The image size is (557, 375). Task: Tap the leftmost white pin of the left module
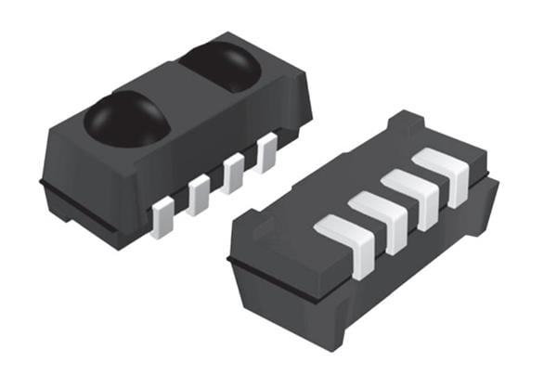162,215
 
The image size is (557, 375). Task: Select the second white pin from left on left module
199,195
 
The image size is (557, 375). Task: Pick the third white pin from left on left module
233,173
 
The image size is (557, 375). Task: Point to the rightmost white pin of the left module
266,152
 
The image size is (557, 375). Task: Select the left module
167,139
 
